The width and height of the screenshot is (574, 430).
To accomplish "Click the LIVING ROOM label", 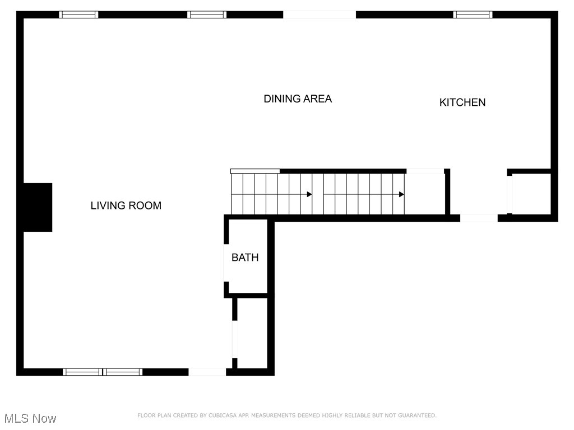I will tap(126, 205).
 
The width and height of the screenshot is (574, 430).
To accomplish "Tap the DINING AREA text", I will tap(298, 99).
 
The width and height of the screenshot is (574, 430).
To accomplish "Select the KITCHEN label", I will tap(462, 102).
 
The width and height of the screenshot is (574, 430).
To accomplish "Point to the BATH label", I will tap(245, 258).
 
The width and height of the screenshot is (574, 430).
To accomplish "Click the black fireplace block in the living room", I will tap(37, 207).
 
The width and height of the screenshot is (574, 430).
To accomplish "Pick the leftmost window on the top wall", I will tap(78, 15).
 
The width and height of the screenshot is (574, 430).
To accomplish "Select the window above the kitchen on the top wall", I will tap(473, 15).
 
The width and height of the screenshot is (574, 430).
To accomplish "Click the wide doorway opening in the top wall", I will tap(319, 15).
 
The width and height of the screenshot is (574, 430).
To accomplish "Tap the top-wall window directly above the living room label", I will tap(207, 15).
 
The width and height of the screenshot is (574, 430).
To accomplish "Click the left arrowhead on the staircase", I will tap(309, 194).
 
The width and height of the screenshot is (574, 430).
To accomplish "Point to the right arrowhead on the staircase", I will tap(402, 194).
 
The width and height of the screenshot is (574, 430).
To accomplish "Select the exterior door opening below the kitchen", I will tap(478, 218).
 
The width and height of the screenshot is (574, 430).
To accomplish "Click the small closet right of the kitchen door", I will tap(531, 194).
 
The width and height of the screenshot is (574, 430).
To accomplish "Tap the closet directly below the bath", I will tap(252, 333).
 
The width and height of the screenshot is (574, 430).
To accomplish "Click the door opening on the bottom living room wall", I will tap(207, 372).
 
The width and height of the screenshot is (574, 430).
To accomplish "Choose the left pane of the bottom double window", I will tap(82, 372).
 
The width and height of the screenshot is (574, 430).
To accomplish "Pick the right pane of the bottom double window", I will tap(123, 372).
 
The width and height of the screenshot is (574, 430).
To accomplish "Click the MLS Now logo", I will tap(30, 418).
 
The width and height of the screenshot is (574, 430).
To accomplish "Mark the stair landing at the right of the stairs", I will tap(425, 194).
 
